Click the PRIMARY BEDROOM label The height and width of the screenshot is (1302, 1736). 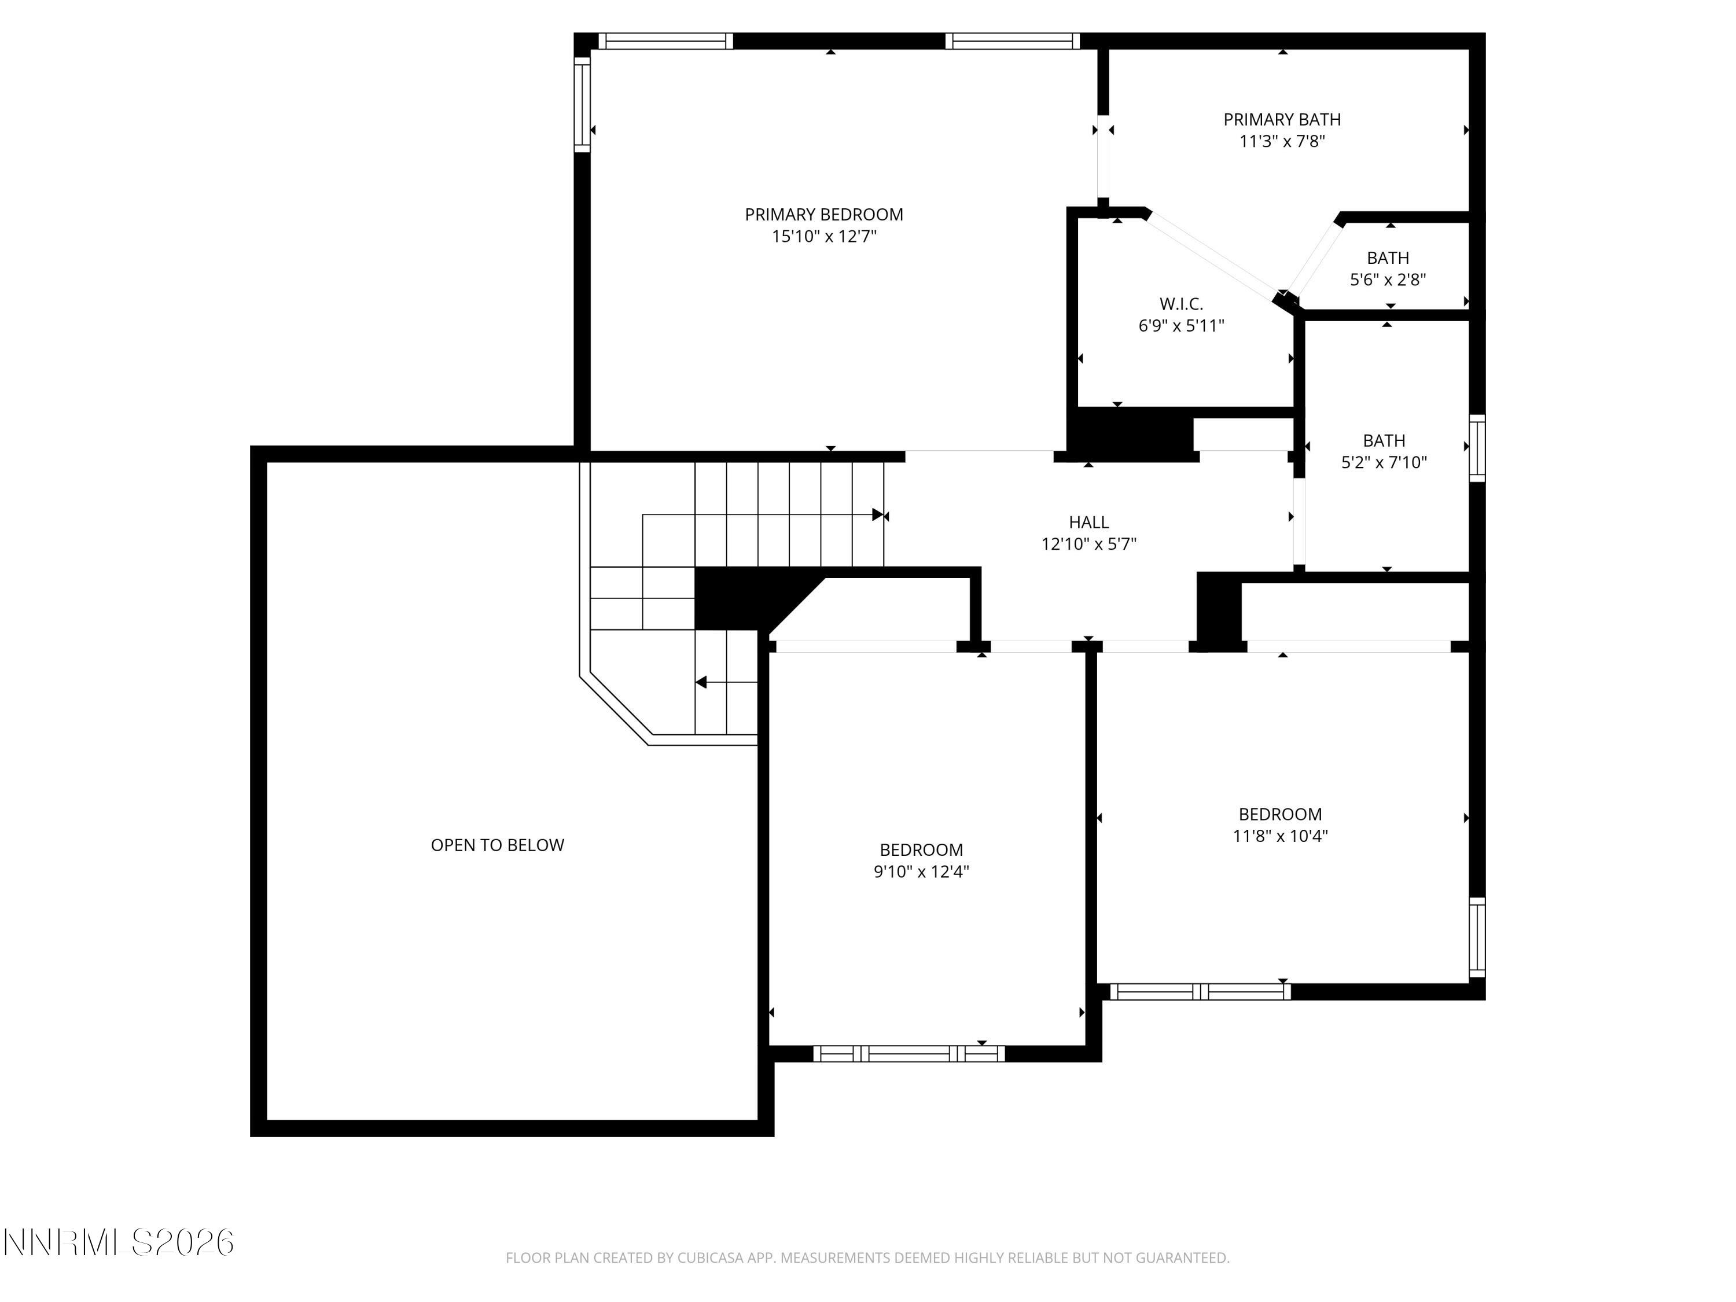(823, 214)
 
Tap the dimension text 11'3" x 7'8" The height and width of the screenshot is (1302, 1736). (1282, 141)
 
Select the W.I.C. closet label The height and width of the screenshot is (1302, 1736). (1180, 304)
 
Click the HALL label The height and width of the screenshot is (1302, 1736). (1088, 522)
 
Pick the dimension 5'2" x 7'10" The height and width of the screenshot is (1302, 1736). (1384, 462)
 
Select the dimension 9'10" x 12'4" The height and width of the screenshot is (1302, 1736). (921, 871)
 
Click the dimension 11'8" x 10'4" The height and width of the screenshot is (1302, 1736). (1279, 836)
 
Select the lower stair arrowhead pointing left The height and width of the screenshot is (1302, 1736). (701, 682)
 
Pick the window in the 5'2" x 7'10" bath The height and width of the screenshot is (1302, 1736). (1476, 448)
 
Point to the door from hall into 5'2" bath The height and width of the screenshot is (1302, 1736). (1299, 522)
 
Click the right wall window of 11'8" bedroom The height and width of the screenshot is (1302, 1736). (1476, 938)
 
